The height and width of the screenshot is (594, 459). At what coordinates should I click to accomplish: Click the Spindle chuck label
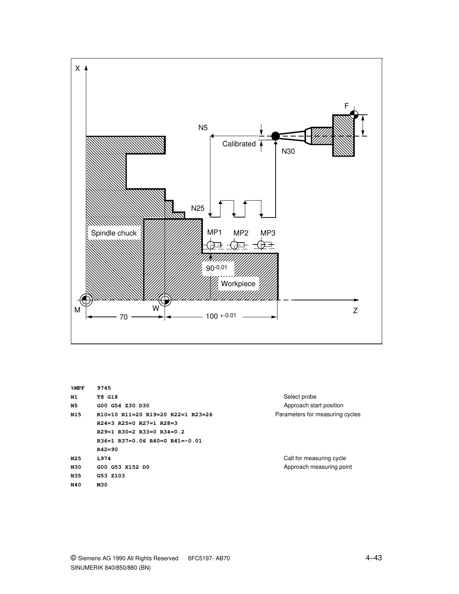114,233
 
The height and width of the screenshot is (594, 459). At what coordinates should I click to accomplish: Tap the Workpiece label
238,284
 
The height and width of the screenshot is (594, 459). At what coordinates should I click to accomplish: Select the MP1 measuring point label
214,232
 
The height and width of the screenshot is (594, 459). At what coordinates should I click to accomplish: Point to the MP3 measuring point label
268,233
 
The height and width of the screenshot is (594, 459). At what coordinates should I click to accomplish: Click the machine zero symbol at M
86,300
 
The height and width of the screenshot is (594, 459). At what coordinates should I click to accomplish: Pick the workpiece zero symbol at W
165,300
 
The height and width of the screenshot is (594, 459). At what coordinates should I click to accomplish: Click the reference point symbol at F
354,114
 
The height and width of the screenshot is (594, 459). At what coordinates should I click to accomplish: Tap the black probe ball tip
275,136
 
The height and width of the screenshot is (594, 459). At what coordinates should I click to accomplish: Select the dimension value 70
123,317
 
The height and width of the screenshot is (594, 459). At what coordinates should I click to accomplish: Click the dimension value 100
212,316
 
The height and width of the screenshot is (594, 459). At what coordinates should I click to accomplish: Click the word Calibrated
239,144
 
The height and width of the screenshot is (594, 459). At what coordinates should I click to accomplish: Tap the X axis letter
78,69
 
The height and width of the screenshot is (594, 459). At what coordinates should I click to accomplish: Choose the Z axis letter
355,311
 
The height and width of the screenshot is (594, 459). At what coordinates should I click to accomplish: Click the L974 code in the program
104,458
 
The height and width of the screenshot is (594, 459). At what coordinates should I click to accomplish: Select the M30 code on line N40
102,484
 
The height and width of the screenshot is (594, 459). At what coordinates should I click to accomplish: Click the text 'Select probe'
300,397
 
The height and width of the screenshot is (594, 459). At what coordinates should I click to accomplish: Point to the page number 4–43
374,558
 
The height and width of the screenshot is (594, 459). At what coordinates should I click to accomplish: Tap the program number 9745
104,388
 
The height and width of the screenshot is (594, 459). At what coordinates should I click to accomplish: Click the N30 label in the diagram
288,151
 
